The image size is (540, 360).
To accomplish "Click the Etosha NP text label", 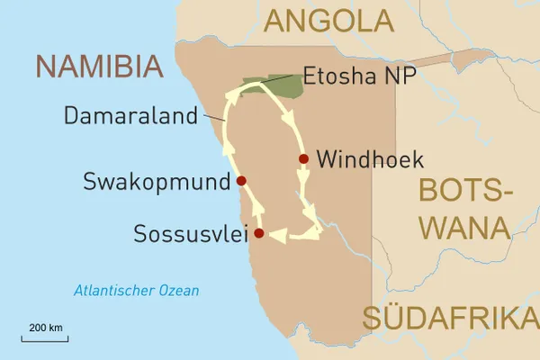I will coord(359,76).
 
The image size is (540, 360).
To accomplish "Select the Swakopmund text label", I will coord(156,183).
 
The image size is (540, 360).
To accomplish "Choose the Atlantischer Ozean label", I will coord(137,291).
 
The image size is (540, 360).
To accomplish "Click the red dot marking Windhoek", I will coord(303,159).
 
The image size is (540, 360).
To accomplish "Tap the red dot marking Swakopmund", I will coord(240,181).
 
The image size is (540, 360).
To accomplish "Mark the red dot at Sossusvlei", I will coord(259,234).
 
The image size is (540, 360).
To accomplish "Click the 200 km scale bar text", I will coord(44,327).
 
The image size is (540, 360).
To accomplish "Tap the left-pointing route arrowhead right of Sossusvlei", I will coord(278,236).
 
